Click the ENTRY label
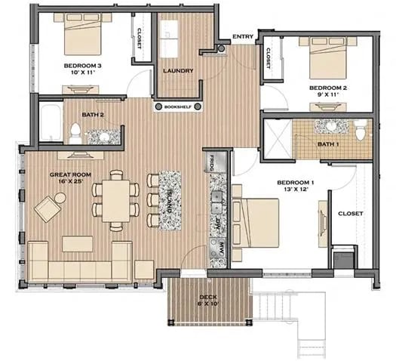(x=243, y=36)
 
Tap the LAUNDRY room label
(x=178, y=71)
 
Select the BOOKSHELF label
(x=178, y=107)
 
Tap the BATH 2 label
(x=93, y=115)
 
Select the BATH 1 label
(x=328, y=143)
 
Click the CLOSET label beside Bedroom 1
(x=350, y=214)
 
